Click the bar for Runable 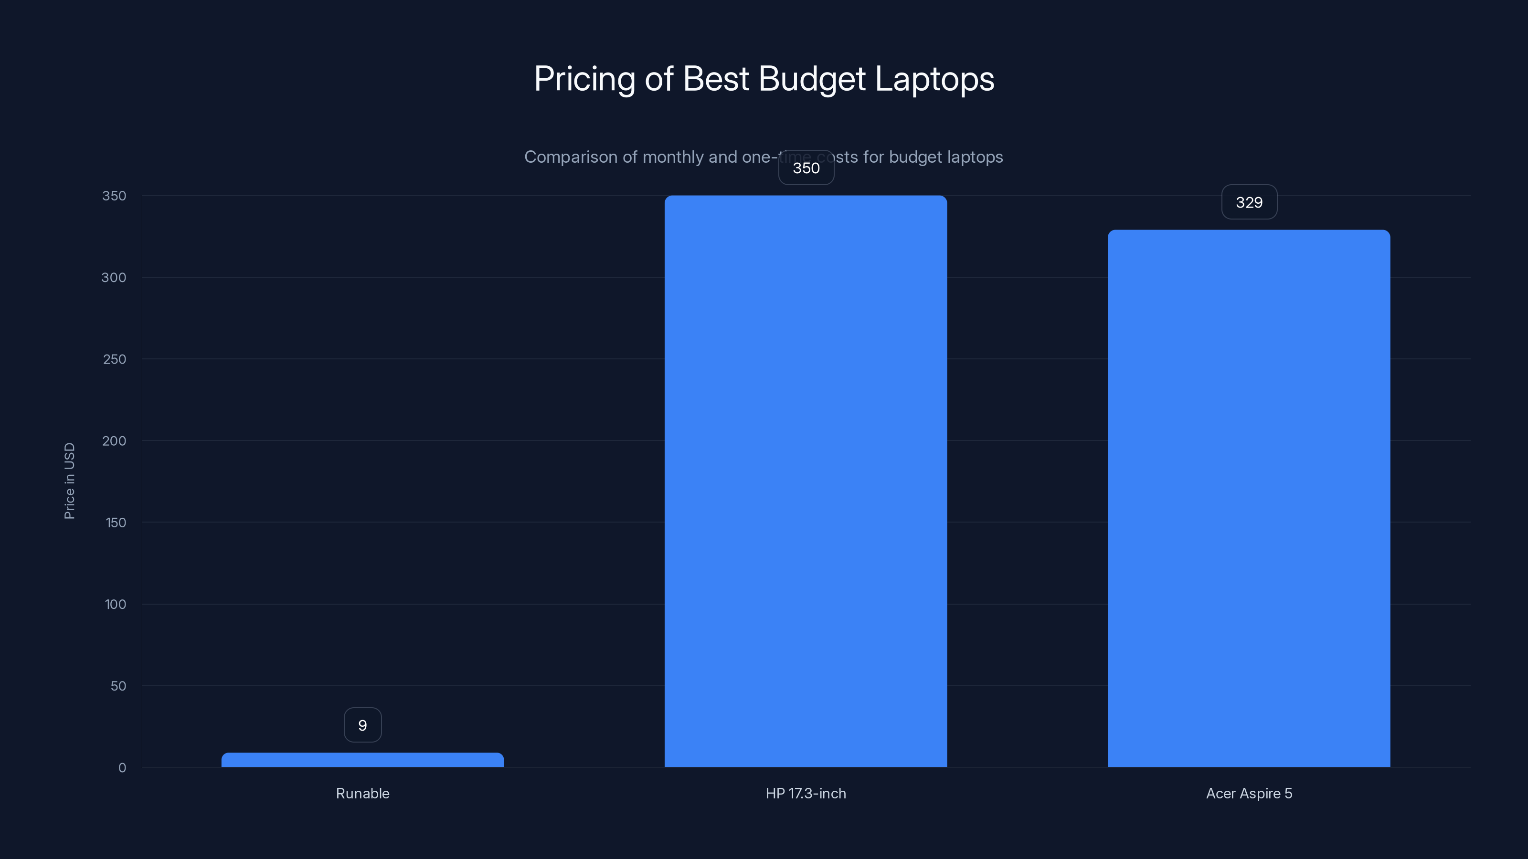pos(362,760)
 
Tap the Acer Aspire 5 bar pos(1249,498)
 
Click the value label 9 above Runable pos(362,725)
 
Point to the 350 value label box pos(806,168)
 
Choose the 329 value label pos(1249,203)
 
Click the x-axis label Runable pos(362,793)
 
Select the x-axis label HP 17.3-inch pos(806,793)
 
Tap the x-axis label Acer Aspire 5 pos(1249,793)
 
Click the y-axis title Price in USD pos(69,481)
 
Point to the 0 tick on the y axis pos(122,768)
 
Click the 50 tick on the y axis pos(118,686)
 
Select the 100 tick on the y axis pos(115,604)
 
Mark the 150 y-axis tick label pos(116,522)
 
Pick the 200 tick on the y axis pos(114,440)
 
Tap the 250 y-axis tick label pos(115,359)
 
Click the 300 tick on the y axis pos(114,277)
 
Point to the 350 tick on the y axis pos(114,196)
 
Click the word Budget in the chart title pos(811,79)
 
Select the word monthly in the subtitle pos(673,157)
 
